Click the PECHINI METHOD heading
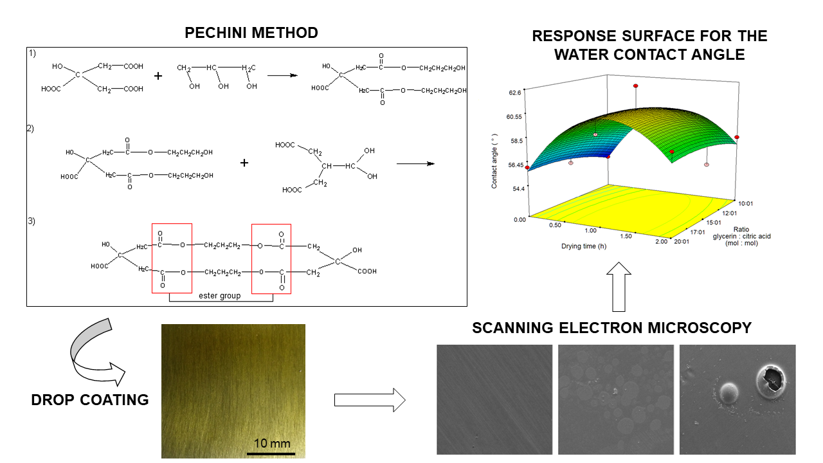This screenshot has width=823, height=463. [251, 32]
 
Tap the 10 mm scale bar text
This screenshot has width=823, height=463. [272, 443]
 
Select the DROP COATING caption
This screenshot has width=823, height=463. [90, 399]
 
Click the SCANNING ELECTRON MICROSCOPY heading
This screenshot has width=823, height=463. [611, 328]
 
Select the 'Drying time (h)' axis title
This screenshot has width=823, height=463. [584, 245]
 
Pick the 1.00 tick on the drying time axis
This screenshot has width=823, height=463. [590, 230]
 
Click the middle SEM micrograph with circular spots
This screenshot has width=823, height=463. [616, 399]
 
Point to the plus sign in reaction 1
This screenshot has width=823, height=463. [158, 76]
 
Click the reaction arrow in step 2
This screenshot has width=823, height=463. [415, 163]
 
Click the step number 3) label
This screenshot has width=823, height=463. [32, 221]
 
